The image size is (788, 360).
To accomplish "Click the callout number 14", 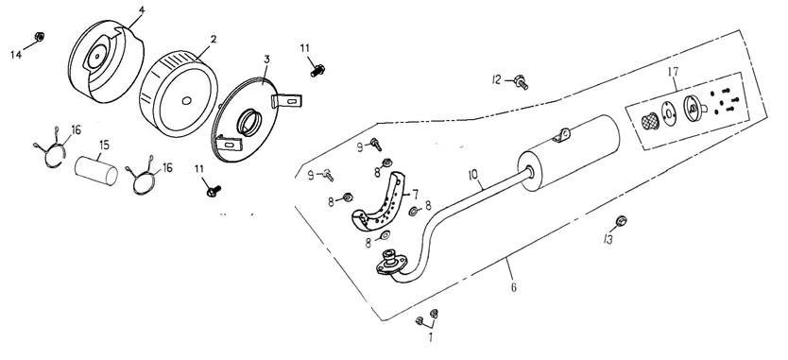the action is pos(16,54).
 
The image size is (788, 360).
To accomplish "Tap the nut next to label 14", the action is pos(39,36).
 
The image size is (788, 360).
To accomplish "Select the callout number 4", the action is pos(143,10).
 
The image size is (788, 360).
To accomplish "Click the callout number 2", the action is pos(214,39).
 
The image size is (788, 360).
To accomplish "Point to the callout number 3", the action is pos(266,60).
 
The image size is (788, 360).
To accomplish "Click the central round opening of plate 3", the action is pos(249,123).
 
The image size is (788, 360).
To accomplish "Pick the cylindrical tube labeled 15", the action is pos(96,170).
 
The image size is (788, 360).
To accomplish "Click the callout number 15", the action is pos(104,146).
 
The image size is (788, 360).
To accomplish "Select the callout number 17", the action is pos(673,72).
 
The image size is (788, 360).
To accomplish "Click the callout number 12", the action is pos(497,79).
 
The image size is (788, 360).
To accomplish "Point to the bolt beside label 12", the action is pos(520,81).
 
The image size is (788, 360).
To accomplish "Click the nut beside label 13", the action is pos(621,221).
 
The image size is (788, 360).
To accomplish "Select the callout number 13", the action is pos(608,239).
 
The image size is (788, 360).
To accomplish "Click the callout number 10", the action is pos(473,175).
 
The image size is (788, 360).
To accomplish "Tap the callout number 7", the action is pos(416,193).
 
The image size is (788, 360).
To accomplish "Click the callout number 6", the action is pos(514,287).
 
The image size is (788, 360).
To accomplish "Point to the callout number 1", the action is pos(431,338).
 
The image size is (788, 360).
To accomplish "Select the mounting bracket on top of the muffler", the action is pos(561,135).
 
